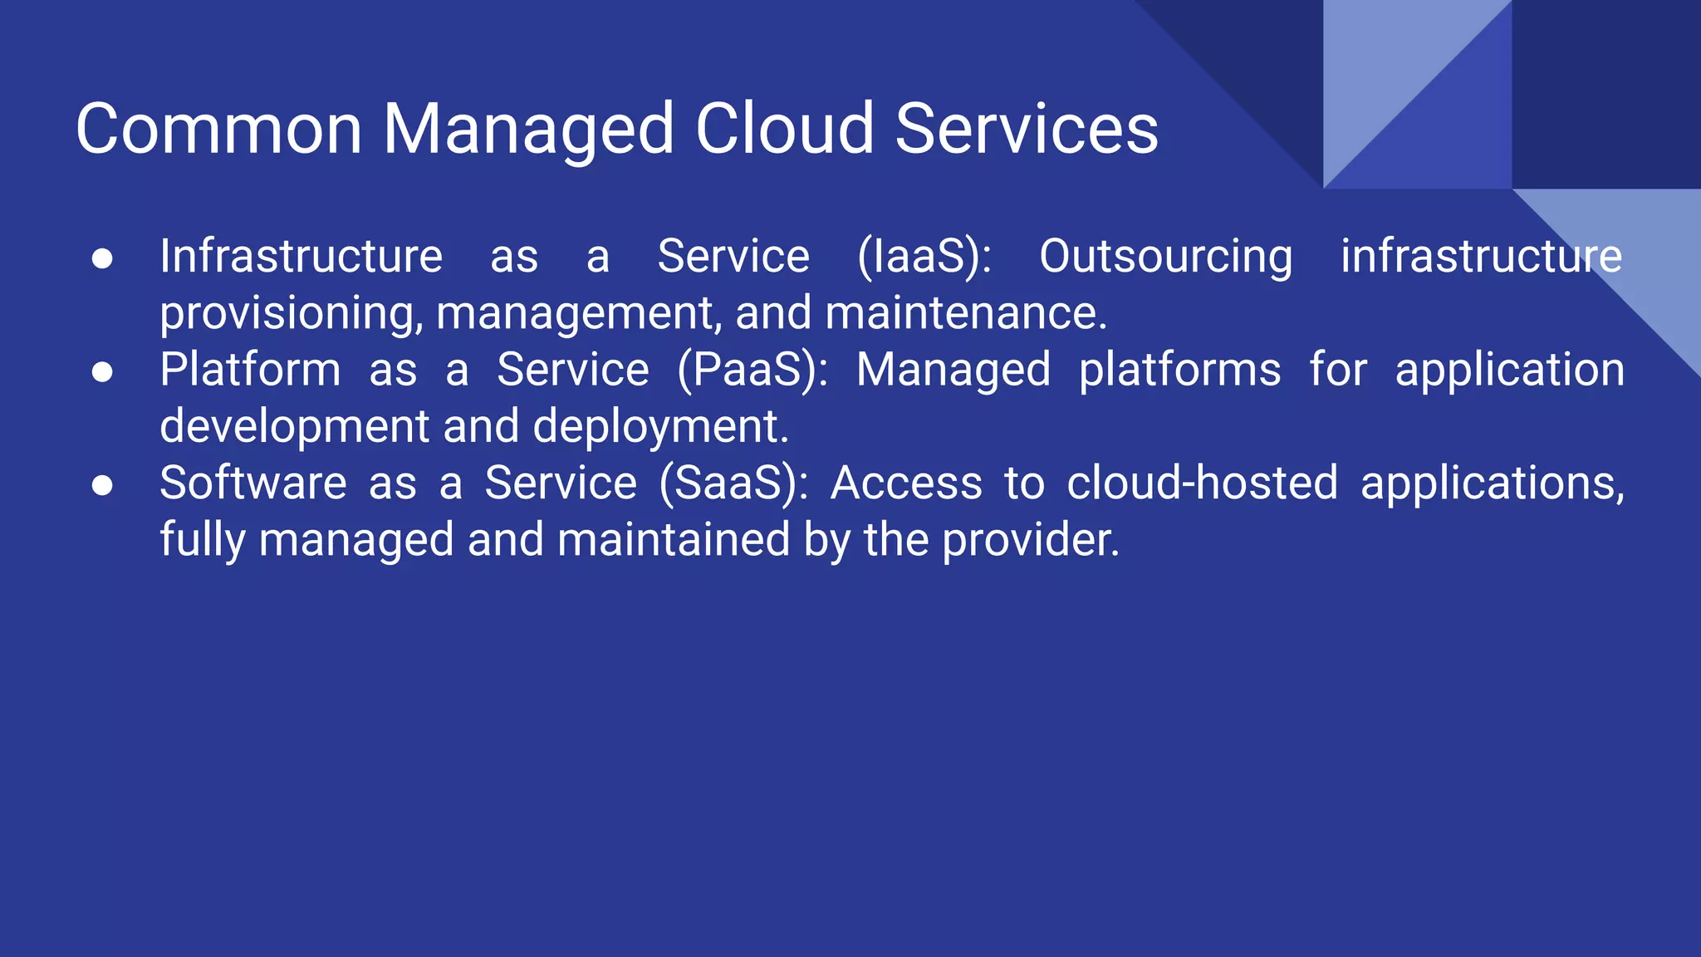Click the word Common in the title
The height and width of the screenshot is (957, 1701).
(218, 130)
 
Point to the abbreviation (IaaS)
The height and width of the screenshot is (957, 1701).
(924, 256)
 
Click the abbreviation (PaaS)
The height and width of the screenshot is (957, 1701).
(752, 370)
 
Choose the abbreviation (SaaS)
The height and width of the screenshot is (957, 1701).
(733, 483)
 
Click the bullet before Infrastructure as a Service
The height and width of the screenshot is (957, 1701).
(102, 259)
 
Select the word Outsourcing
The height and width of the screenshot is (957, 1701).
(1166, 256)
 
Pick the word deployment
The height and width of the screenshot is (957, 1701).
(660, 427)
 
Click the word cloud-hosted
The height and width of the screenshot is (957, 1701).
(1202, 483)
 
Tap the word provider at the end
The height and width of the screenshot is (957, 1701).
(1031, 541)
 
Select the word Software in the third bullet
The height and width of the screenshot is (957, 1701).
(252, 483)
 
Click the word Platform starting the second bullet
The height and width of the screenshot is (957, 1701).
(250, 370)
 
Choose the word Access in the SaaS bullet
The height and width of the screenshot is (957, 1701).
(906, 483)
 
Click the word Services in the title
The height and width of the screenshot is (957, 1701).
(1027, 130)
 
